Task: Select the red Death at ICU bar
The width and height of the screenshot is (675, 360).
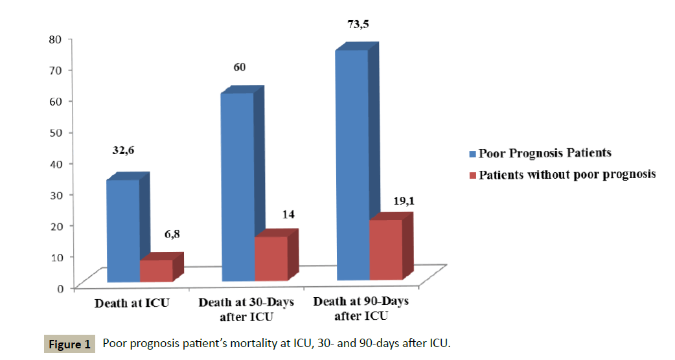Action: click(x=156, y=271)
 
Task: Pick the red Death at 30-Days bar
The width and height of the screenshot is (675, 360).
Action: click(x=271, y=258)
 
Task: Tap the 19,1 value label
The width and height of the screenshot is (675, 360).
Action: click(x=403, y=201)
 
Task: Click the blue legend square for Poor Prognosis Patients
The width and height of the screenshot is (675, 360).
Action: click(x=473, y=154)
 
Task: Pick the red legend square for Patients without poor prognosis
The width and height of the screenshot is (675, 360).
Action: click(x=473, y=175)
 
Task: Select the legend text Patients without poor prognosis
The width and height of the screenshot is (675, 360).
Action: click(x=567, y=174)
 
